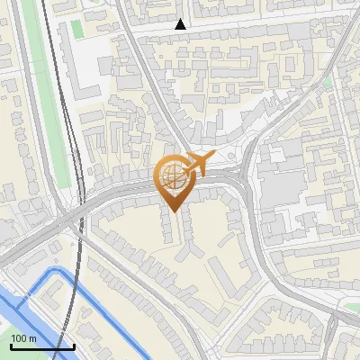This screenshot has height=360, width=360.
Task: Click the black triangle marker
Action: coord(181,24)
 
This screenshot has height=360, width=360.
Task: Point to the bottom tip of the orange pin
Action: coord(173,209)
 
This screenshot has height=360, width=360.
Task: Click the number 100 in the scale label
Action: coord(20,338)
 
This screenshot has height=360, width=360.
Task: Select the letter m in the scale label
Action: coord(32,338)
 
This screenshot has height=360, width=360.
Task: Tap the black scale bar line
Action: coord(40,346)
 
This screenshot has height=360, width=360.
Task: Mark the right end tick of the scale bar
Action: coord(74,345)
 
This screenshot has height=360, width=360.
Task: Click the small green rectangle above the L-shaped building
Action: coord(77,29)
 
